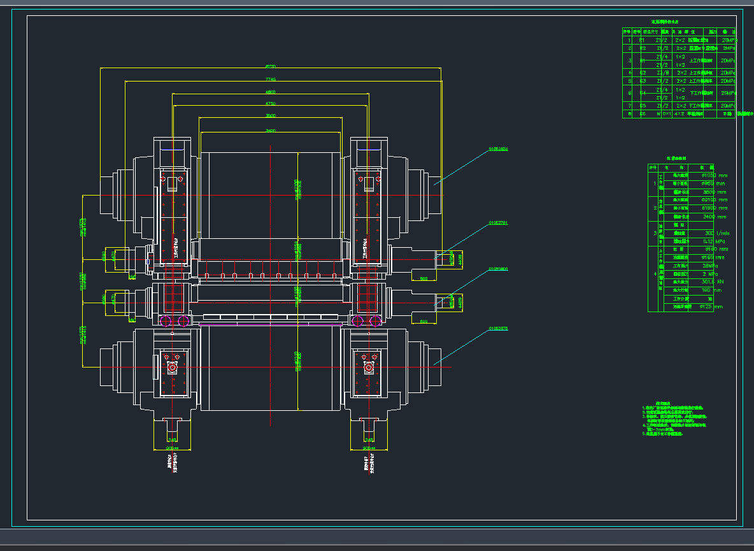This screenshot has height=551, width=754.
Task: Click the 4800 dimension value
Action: pyautogui.click(x=270, y=92)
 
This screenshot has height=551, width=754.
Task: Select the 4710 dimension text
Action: pyautogui.click(x=270, y=103)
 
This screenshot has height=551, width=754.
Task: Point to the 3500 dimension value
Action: pyautogui.click(x=270, y=116)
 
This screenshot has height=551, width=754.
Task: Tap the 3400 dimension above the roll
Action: pyautogui.click(x=270, y=131)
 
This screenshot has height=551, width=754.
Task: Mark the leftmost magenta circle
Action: pyautogui.click(x=167, y=320)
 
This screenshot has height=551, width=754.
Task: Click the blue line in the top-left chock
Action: pyautogui.click(x=173, y=150)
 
